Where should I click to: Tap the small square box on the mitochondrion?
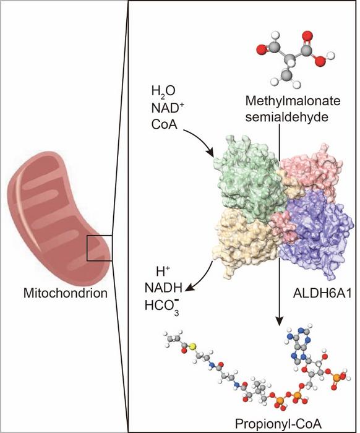point(100,248)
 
